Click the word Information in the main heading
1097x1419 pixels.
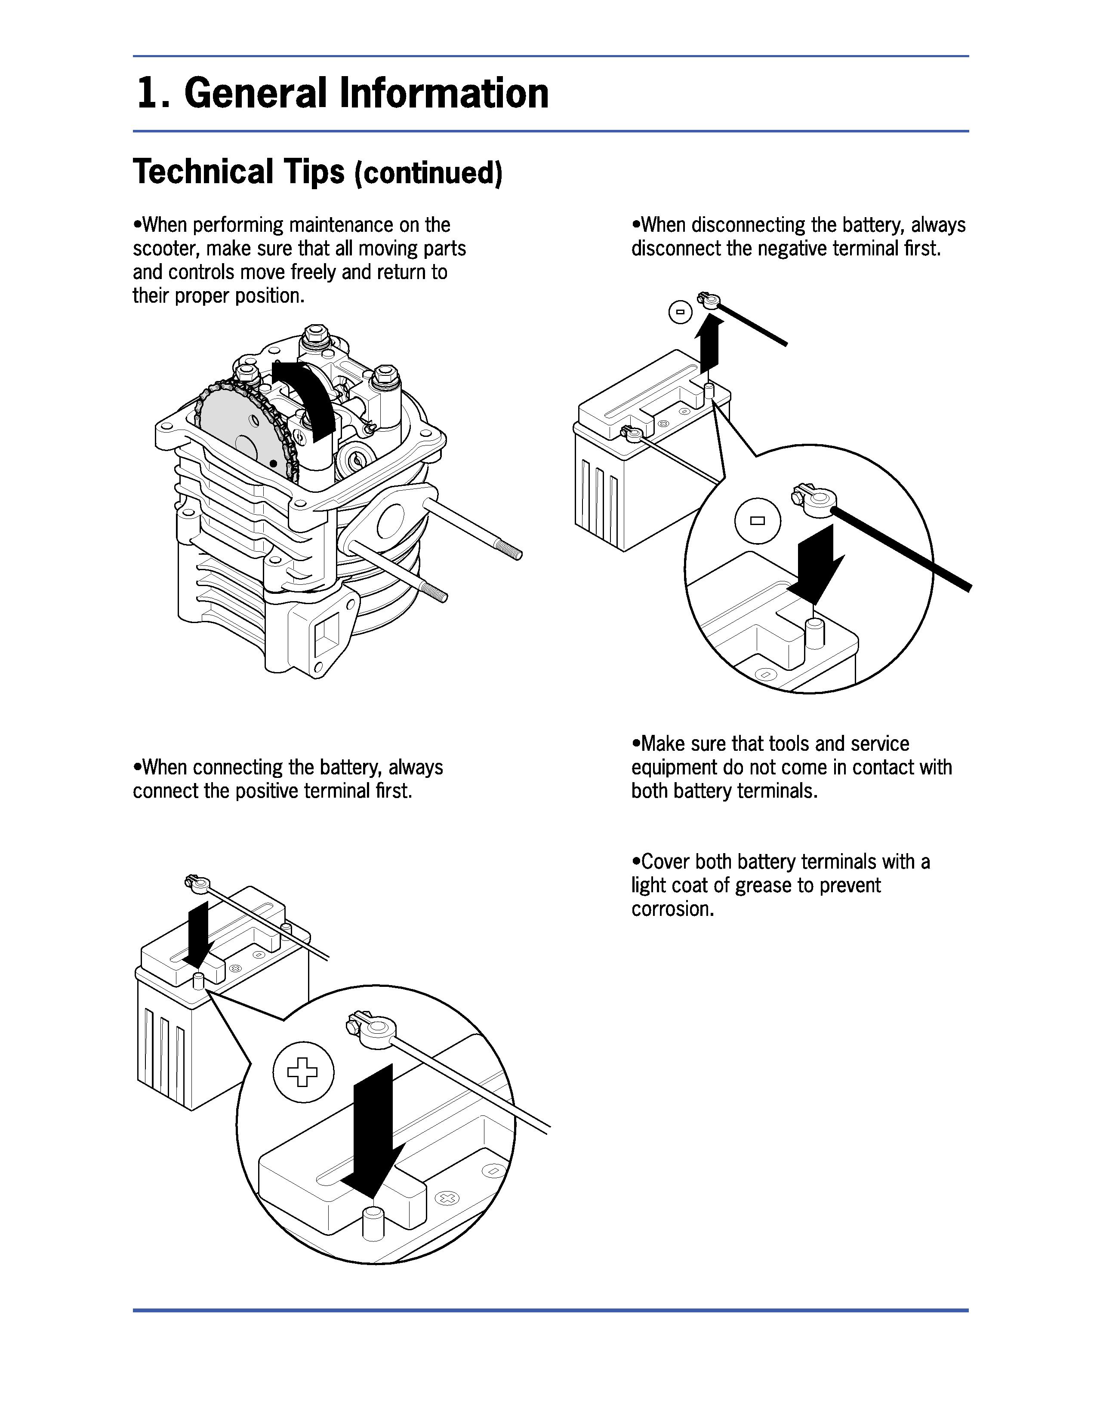pos(444,93)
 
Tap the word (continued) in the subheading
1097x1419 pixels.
pos(428,173)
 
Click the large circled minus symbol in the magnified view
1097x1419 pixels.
pos(757,520)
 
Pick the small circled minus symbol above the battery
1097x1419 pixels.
pos(680,313)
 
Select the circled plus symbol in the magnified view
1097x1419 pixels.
pos(303,1072)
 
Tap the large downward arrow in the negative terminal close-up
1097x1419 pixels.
pos(815,562)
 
